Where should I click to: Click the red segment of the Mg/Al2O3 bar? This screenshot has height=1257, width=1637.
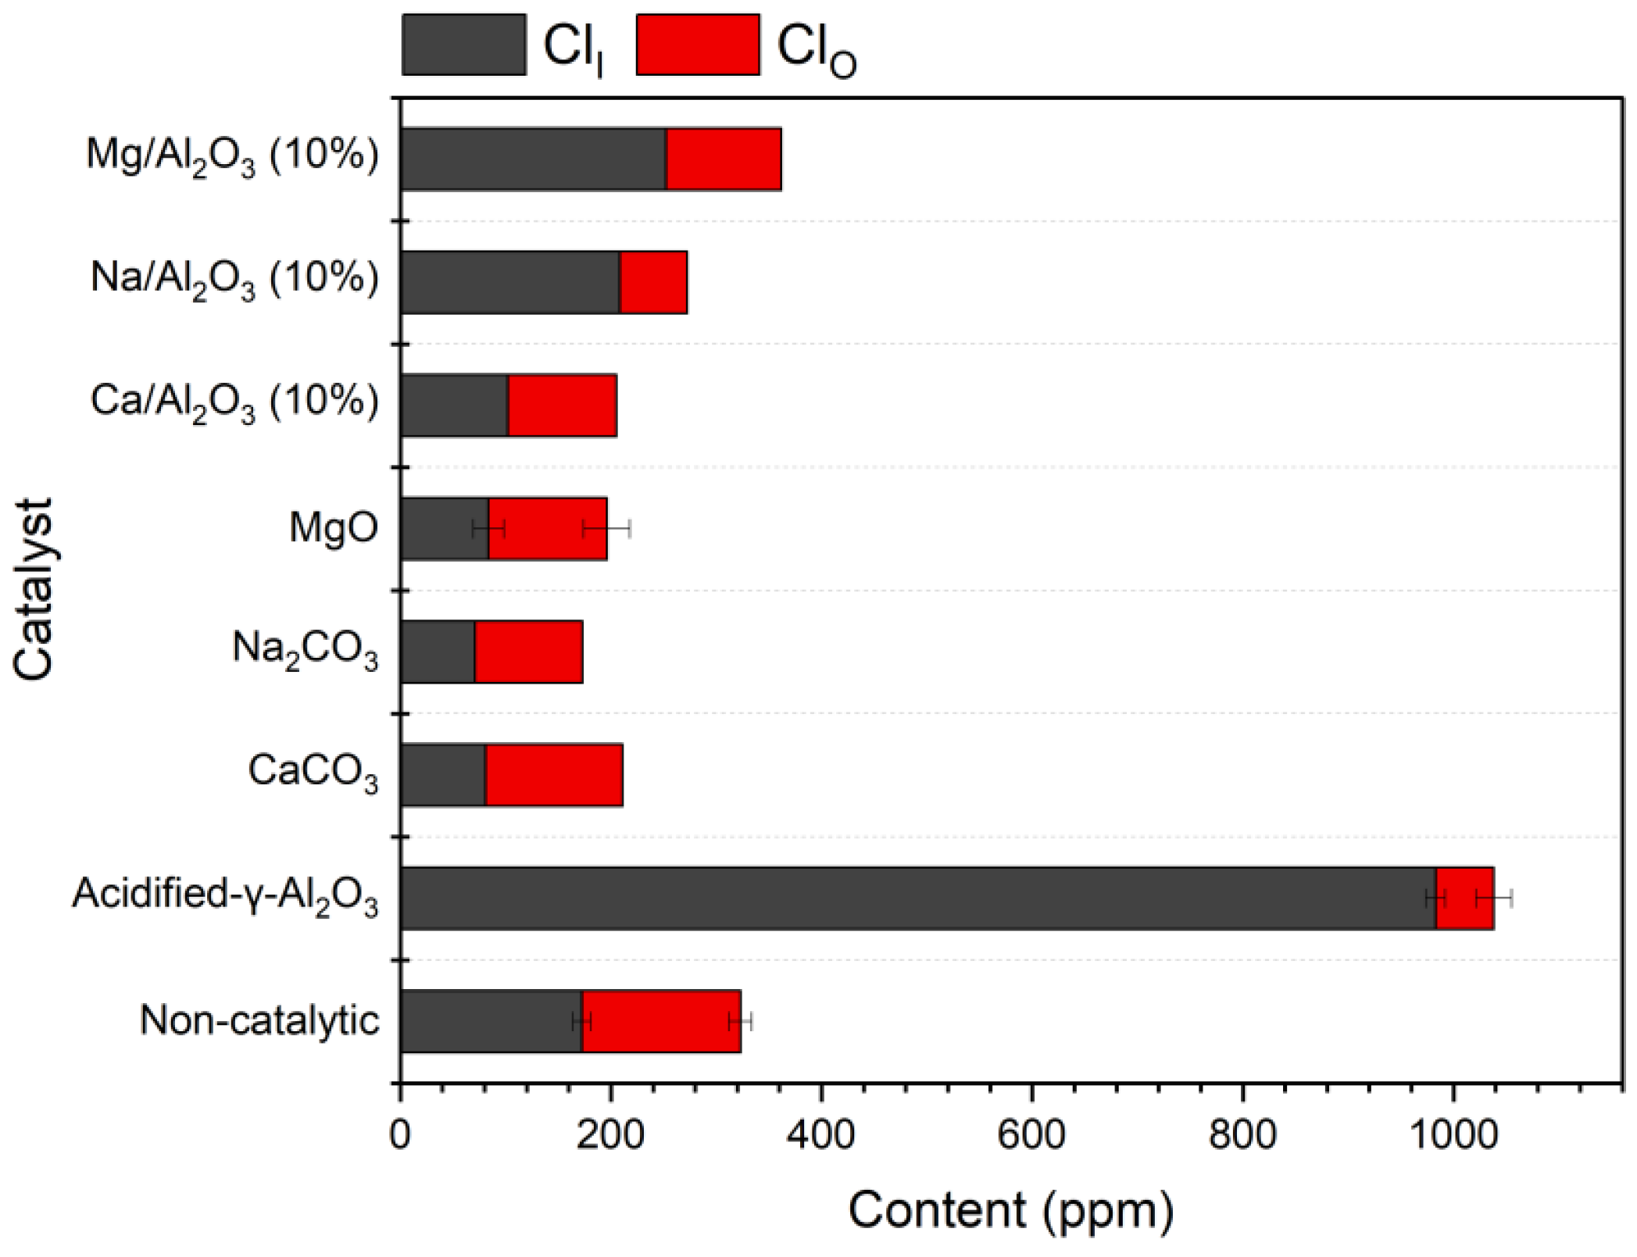coord(724,159)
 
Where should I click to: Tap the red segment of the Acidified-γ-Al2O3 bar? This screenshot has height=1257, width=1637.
coord(1465,898)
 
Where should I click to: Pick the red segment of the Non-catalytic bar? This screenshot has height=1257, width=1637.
coord(661,1021)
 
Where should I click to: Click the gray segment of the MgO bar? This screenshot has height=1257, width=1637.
coord(444,529)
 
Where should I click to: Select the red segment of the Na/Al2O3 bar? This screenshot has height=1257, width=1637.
coord(653,282)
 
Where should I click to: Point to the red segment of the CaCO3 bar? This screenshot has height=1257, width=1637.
coord(553,775)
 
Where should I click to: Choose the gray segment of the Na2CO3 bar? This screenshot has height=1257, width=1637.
coord(438,652)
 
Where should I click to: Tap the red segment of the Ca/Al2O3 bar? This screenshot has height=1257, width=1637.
coord(562,405)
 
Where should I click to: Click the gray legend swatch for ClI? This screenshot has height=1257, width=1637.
coord(463,45)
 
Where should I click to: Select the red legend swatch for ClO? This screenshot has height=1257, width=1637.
coord(698,45)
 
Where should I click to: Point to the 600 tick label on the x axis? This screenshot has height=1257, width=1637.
coord(1031,1134)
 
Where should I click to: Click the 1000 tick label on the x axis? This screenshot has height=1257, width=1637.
coord(1453,1134)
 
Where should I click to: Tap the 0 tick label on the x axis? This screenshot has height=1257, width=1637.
coord(400,1134)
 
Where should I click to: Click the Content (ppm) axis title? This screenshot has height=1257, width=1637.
coord(1011,1210)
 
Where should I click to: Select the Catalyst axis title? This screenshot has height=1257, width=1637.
coord(33,590)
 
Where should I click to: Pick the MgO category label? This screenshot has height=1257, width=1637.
coord(334,527)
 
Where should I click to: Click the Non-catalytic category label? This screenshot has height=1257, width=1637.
coord(259,1020)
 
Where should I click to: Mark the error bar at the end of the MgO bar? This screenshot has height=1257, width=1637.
coord(606,529)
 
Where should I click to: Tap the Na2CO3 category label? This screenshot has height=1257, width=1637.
coord(306,650)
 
